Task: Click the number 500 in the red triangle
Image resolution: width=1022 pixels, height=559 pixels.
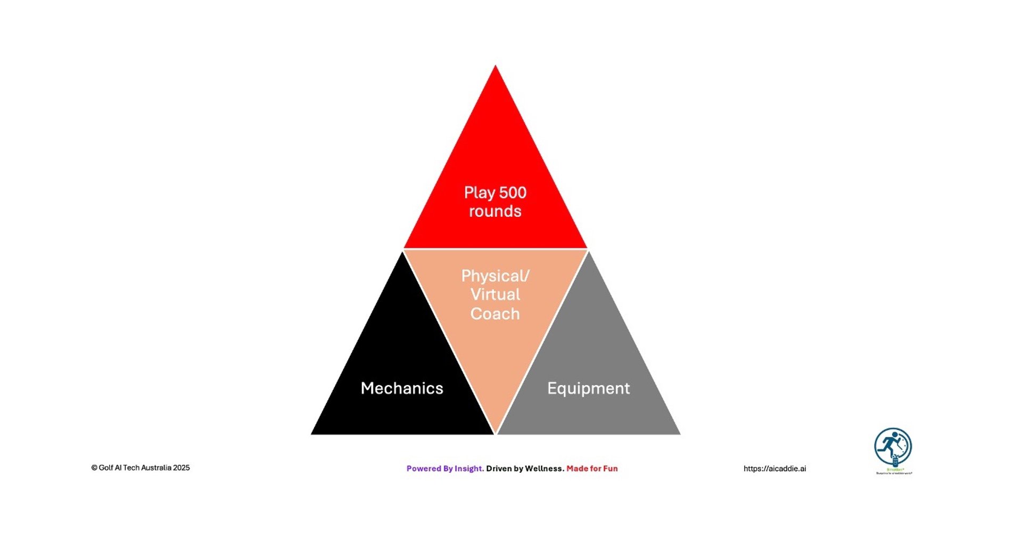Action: pyautogui.click(x=513, y=193)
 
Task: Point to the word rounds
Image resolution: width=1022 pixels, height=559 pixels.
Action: pyautogui.click(x=495, y=211)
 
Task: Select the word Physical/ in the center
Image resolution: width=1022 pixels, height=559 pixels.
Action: pyautogui.click(x=495, y=276)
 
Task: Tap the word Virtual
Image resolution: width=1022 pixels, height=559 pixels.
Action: pyautogui.click(x=495, y=295)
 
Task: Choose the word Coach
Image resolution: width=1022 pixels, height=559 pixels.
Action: pyautogui.click(x=495, y=314)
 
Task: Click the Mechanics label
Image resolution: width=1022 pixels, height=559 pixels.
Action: pyautogui.click(x=402, y=388)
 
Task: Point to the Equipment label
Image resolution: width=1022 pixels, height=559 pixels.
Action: pyautogui.click(x=588, y=389)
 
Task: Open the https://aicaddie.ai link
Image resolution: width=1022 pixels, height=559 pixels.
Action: pyautogui.click(x=774, y=469)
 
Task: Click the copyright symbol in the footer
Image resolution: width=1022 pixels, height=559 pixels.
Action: pyautogui.click(x=94, y=468)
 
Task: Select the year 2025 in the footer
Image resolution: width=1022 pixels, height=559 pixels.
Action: pyautogui.click(x=181, y=468)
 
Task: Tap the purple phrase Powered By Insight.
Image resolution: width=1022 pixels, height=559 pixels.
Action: pyautogui.click(x=445, y=469)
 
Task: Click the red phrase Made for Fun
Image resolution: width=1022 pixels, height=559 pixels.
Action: pyautogui.click(x=592, y=469)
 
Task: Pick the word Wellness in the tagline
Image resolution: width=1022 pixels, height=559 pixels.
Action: pyautogui.click(x=545, y=469)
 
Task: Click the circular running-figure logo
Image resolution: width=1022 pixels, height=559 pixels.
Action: pyautogui.click(x=893, y=447)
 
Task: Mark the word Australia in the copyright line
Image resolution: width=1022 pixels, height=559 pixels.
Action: pyautogui.click(x=156, y=468)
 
